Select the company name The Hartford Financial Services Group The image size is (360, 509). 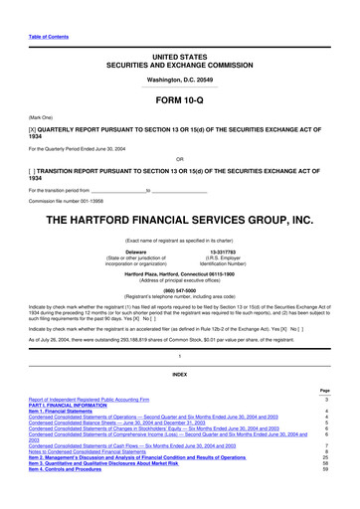coord(179,192)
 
